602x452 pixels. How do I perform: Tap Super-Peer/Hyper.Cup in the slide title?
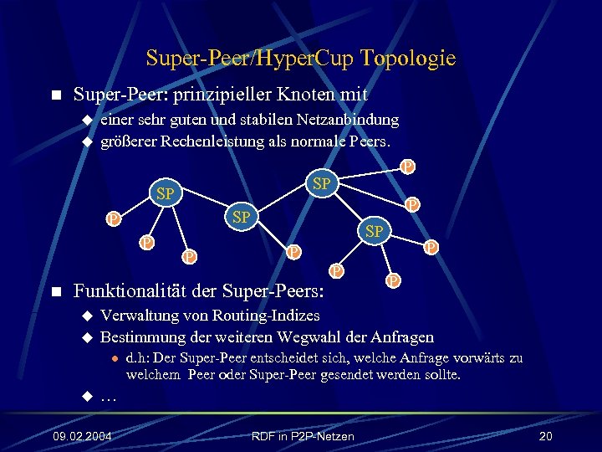coord(248,58)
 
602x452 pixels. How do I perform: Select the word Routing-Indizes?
coord(265,316)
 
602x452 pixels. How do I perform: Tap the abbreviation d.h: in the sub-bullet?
coord(140,359)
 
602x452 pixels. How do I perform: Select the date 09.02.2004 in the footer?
coord(83,436)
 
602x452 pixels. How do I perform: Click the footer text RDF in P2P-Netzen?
coord(302,436)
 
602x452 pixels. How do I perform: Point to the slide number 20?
coord(546,436)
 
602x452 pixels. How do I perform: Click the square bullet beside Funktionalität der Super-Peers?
coord(56,292)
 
